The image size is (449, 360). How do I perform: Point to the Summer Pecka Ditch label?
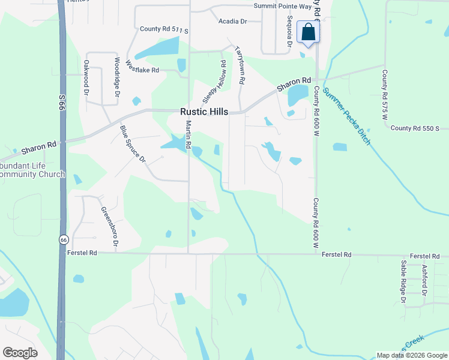(346, 116)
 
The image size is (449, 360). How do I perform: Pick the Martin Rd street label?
(188, 135)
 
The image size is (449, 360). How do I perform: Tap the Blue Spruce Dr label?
(132, 143)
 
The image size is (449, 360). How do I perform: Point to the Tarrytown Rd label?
(240, 64)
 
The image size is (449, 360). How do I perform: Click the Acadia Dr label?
(233, 22)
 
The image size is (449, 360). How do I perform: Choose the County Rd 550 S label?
(415, 128)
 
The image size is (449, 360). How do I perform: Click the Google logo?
(20, 352)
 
